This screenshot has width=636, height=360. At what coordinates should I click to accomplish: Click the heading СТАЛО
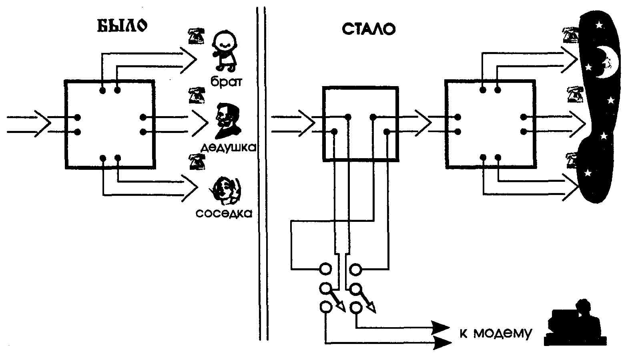[x=368, y=29]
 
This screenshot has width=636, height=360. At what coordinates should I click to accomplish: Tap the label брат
[x=227, y=82]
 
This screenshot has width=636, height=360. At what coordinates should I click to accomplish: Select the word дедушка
[x=228, y=148]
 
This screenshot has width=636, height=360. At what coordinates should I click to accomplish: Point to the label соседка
[x=224, y=213]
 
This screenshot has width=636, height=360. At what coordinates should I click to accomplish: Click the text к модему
[x=496, y=333]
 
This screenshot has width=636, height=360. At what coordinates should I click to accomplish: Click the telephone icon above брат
[x=196, y=36]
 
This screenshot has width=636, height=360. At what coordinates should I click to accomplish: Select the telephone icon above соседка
[x=197, y=161]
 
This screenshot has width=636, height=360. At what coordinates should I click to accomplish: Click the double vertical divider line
[x=262, y=172]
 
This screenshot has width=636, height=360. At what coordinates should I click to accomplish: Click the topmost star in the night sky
[x=599, y=25]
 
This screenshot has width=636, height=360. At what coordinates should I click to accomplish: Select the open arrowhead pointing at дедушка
[x=200, y=124]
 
